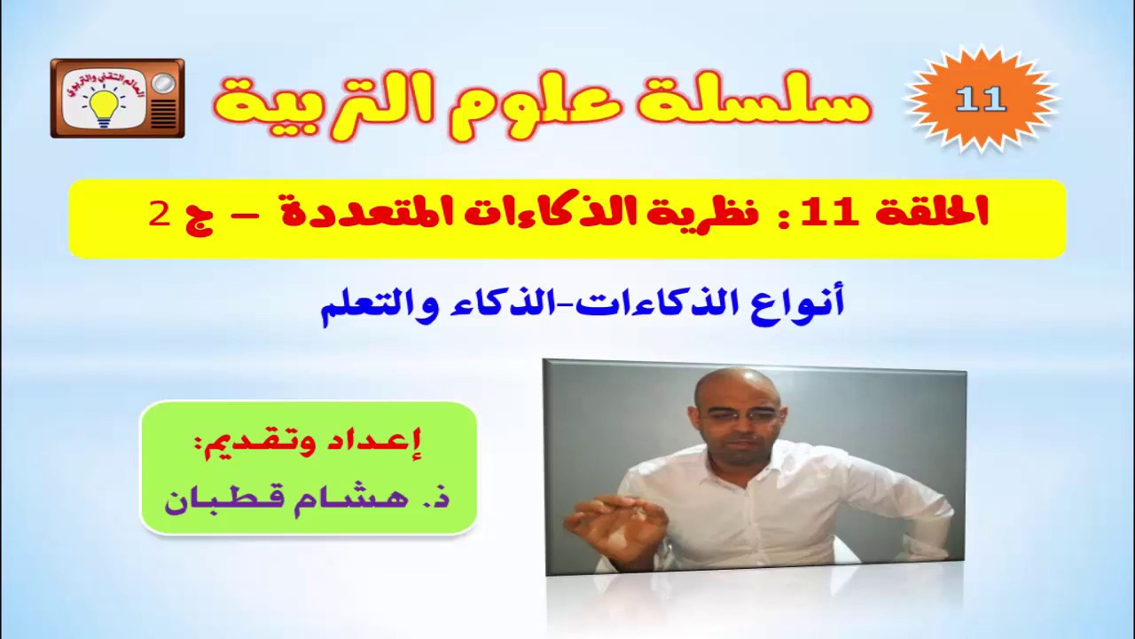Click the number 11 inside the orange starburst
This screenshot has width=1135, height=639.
[981, 99]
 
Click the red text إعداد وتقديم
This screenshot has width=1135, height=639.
[308, 441]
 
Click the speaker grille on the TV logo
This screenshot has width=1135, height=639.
[163, 114]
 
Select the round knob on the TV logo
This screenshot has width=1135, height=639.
[163, 83]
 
